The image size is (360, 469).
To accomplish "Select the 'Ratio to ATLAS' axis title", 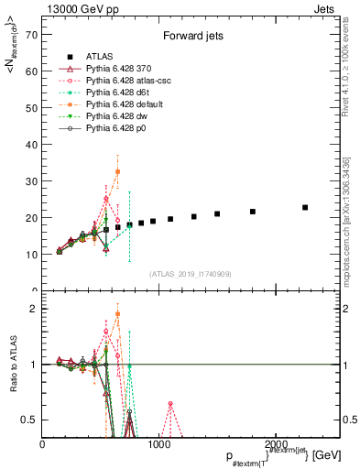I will [13, 365].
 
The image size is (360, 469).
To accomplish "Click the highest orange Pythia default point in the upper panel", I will [117, 171].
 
